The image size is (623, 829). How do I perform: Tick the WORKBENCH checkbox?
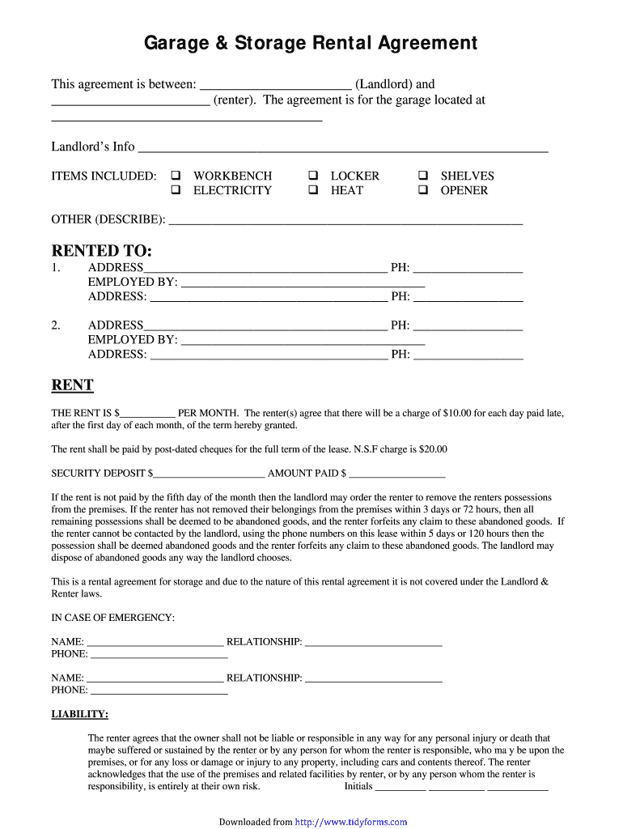point(174,176)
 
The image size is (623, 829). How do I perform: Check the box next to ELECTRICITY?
point(174,190)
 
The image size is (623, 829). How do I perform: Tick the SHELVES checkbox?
point(422,176)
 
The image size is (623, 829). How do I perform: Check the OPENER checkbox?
point(422,190)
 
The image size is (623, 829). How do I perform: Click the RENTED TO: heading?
point(102,251)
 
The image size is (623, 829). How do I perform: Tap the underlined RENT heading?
point(73,385)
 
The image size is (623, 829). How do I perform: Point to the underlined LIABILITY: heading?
point(80,714)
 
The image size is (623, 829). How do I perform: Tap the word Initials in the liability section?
point(358,786)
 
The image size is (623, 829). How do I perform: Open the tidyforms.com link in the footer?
point(351,822)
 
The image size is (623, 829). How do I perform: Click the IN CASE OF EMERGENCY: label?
point(112,618)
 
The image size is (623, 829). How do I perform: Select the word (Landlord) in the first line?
point(384,84)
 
